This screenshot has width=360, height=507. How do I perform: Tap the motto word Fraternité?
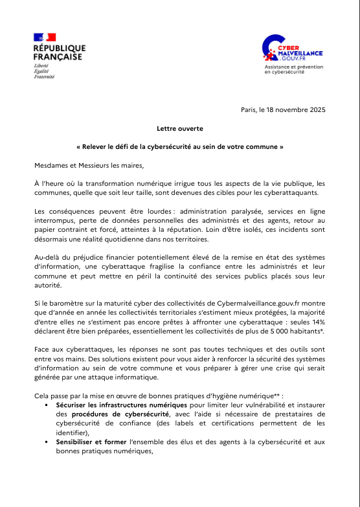tap(44, 76)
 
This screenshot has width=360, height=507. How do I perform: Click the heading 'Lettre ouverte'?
tap(179, 129)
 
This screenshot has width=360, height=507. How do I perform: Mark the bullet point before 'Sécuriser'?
tap(49, 404)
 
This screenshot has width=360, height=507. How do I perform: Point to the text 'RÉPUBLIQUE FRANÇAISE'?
tap(59, 52)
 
